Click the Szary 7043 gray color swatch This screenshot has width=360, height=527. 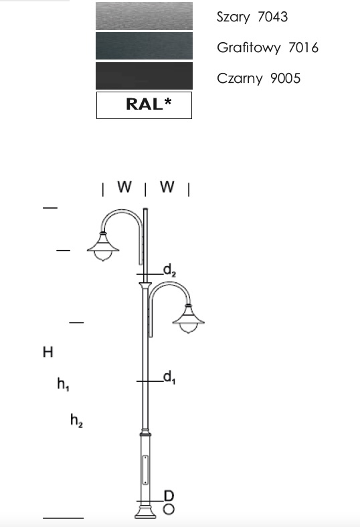(145, 16)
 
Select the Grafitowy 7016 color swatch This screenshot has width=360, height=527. (145, 45)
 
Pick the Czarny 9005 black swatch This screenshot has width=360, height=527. (145, 76)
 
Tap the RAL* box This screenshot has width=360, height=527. (145, 105)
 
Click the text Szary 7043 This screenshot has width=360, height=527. (252, 17)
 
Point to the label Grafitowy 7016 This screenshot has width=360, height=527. (268, 47)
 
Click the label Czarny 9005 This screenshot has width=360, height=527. (258, 78)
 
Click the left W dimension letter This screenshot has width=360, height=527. (124, 187)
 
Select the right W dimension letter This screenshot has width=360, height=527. (167, 187)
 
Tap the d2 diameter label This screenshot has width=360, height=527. (169, 270)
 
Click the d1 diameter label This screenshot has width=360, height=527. (169, 378)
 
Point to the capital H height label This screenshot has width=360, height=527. (48, 352)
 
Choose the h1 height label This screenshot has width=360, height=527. (63, 384)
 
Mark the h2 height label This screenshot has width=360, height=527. (77, 421)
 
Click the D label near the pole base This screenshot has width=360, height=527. (169, 496)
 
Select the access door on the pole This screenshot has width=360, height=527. (145, 470)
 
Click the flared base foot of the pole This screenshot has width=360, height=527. (145, 512)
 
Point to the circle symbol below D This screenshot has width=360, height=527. (169, 510)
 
